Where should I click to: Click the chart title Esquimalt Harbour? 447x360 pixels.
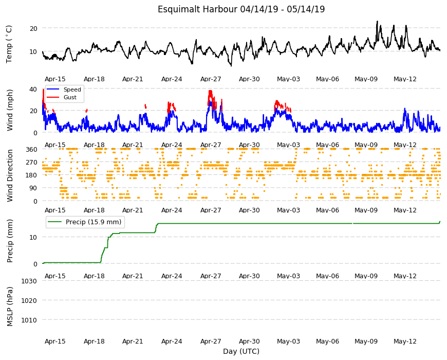click(x=197, y=9)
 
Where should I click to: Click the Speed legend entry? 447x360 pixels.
click(x=72, y=89)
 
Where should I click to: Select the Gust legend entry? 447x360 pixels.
click(x=70, y=98)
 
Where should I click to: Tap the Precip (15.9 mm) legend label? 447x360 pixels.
click(x=94, y=222)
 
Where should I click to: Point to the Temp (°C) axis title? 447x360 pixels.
click(x=9, y=44)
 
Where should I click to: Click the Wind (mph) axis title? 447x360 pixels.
click(x=10, y=111)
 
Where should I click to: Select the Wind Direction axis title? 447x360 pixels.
click(x=10, y=176)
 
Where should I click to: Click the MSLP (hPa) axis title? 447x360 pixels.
click(x=10, y=306)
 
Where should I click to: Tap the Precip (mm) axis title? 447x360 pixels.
click(x=10, y=241)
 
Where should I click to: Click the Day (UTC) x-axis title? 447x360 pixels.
click(x=241, y=351)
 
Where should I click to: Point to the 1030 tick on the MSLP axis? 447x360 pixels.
click(x=29, y=281)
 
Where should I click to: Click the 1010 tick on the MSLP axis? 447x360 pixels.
click(x=29, y=320)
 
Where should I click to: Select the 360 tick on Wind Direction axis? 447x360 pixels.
click(x=31, y=150)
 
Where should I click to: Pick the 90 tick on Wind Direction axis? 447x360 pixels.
click(x=33, y=188)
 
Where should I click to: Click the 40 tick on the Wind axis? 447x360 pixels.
click(x=33, y=89)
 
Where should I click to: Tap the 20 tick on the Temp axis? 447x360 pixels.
click(x=33, y=28)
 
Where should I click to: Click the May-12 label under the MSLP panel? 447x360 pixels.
click(x=405, y=341)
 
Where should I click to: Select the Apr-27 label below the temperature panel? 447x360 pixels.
click(x=211, y=79)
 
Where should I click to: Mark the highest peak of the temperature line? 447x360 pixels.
click(x=377, y=21)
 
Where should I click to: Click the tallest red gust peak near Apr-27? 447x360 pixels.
click(x=210, y=91)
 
